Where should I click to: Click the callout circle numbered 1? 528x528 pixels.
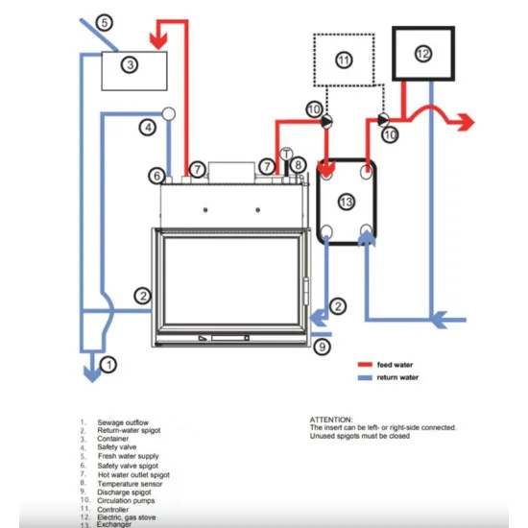[108, 364]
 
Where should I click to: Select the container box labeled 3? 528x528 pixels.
[134, 65]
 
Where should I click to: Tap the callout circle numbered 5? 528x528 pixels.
[105, 21]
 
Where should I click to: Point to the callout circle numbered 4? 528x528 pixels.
[147, 127]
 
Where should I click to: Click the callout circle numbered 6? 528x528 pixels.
[156, 175]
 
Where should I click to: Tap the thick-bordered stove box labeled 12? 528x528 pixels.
[423, 54]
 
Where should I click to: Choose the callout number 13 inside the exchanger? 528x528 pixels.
[347, 201]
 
